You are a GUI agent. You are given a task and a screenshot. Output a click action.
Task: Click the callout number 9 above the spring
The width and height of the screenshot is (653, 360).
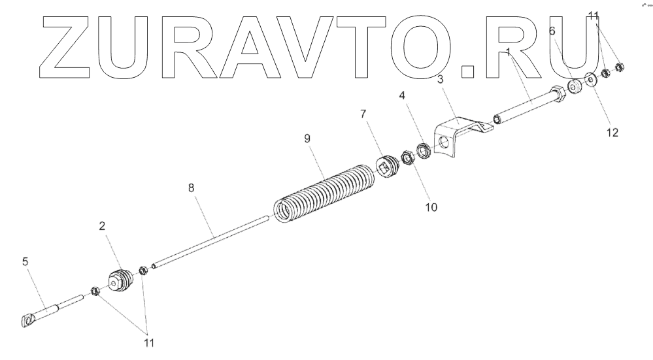[307, 138]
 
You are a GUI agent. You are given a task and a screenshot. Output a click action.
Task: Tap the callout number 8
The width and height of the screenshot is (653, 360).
[191, 188]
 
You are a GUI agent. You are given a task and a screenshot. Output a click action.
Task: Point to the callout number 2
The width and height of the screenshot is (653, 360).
[103, 226]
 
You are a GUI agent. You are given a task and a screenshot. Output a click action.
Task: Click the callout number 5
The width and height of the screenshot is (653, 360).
[25, 261]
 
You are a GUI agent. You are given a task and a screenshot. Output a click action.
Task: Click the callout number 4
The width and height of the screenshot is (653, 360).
[403, 95]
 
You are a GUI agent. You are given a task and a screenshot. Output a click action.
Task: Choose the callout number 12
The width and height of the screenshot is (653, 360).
[612, 132]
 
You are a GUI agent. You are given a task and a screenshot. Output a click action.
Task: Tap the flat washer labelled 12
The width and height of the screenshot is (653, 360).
[591, 80]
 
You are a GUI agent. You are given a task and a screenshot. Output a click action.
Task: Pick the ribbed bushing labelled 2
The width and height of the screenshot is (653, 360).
[120, 281]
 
